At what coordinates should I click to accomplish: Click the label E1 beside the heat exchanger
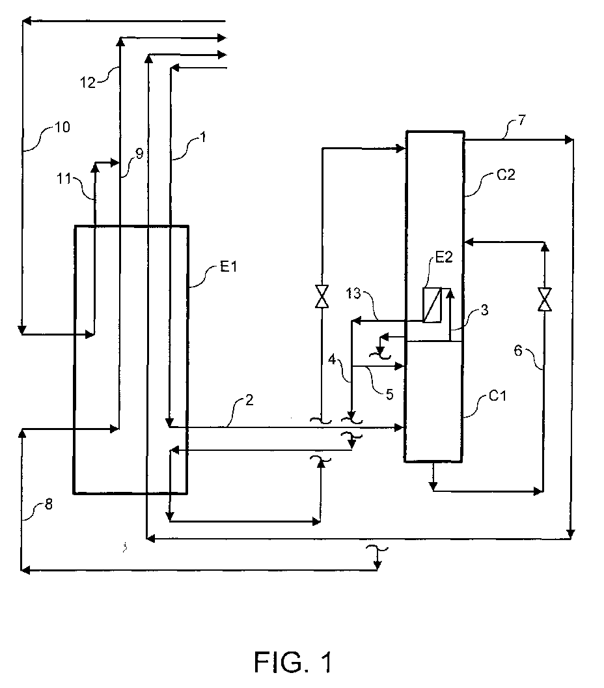(228, 266)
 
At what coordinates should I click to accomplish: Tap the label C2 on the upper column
(506, 175)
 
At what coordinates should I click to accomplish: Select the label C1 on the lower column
(497, 395)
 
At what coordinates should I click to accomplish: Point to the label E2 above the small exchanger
(444, 257)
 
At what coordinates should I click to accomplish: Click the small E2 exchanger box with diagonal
(432, 306)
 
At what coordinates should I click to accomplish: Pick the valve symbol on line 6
(544, 299)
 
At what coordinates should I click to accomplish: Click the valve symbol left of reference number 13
(322, 296)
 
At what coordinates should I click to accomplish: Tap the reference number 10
(62, 127)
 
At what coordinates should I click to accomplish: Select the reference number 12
(88, 83)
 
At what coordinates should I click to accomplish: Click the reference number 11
(64, 179)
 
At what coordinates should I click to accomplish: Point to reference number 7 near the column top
(521, 120)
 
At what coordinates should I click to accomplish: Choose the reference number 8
(49, 504)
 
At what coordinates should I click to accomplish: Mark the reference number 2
(249, 400)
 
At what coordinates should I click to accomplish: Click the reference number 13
(353, 293)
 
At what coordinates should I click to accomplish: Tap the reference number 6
(518, 351)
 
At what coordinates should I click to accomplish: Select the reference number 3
(484, 310)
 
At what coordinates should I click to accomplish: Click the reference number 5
(389, 394)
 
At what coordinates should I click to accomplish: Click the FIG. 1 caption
(294, 662)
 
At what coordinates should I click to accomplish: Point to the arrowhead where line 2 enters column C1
(399, 427)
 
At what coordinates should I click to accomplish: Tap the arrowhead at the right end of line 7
(570, 140)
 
